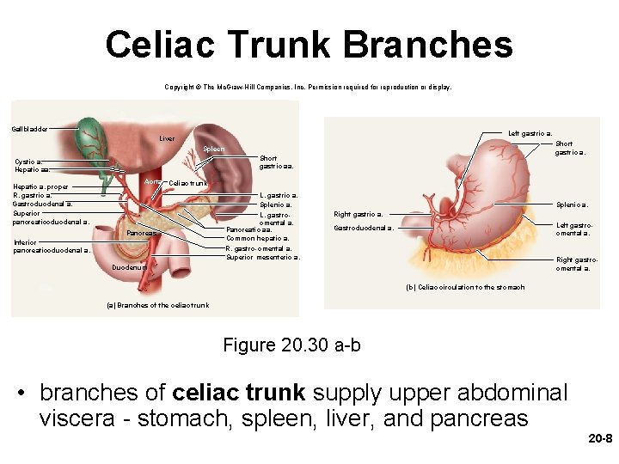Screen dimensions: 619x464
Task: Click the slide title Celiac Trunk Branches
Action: (309, 45)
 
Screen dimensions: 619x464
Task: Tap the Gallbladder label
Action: (30, 129)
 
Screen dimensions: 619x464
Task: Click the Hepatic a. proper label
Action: (42, 186)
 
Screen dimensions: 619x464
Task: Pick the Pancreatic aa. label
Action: (249, 229)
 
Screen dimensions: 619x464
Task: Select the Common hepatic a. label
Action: (257, 238)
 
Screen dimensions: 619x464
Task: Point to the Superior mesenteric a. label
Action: (262, 257)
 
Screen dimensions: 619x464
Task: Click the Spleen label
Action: (213, 150)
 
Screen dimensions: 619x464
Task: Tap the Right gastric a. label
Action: (359, 214)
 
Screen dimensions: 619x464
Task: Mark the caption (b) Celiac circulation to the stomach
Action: (464, 287)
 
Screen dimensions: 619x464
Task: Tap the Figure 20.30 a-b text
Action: (291, 345)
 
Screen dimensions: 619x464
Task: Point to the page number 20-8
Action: (599, 438)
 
